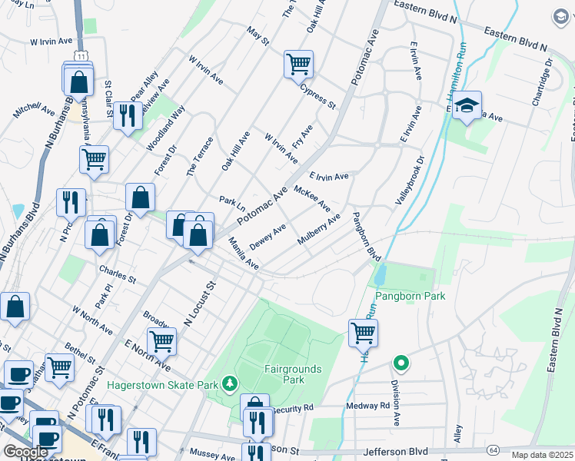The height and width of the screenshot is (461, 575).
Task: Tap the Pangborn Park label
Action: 410,296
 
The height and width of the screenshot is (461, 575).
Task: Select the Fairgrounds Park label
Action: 293,374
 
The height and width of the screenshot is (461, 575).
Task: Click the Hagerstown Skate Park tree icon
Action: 228,382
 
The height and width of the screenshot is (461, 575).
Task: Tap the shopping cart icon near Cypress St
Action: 298,64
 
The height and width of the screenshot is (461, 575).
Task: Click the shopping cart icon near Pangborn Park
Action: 363,333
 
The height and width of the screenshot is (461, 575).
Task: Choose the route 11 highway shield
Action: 81,56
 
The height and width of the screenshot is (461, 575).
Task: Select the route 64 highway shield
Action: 493,449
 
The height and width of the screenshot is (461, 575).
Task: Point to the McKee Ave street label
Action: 312,198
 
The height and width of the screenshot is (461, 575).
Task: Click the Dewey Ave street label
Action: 268,236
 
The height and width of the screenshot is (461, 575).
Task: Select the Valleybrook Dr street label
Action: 409,181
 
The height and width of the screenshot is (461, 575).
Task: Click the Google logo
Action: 25,452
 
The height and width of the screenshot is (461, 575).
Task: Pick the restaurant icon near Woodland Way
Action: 125,115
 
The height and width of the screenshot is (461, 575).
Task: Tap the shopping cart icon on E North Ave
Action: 161,340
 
